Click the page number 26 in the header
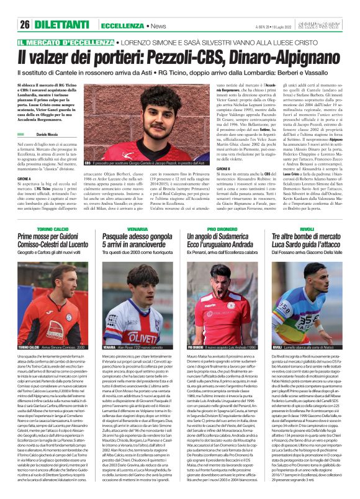click(25, 24)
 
